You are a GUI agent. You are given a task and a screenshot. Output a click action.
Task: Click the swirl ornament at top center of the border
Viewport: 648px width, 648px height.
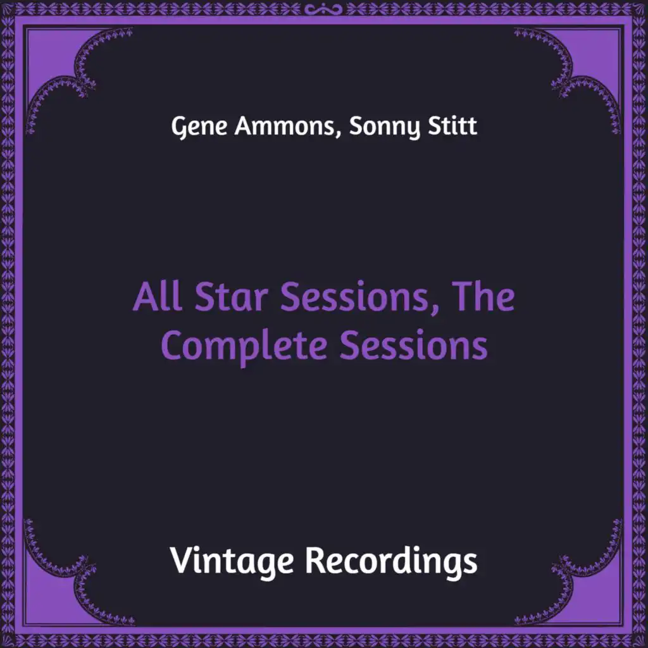pos(323,9)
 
